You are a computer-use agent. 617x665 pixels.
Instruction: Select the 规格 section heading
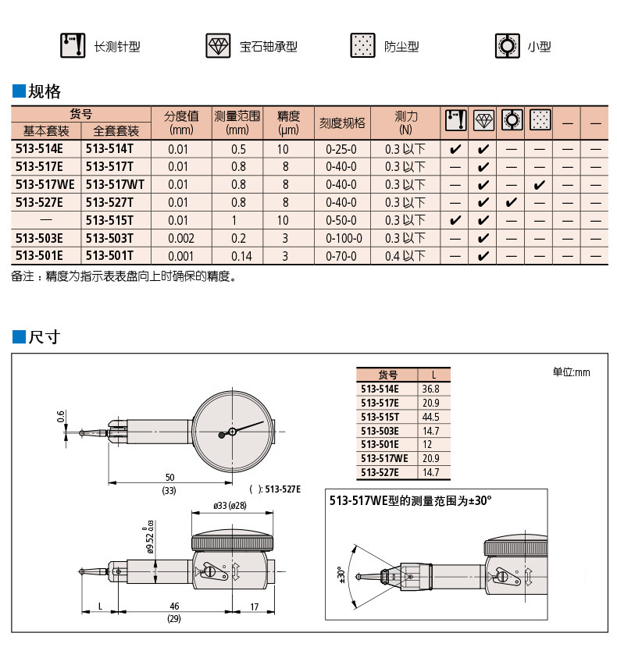[44, 91]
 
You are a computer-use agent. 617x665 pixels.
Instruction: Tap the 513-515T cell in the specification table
[109, 220]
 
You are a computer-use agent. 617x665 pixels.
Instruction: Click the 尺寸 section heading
[44, 337]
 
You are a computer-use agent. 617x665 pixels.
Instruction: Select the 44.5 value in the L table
[431, 417]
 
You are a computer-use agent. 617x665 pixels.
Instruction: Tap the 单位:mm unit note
[572, 372]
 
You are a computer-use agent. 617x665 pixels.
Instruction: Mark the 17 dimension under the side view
[254, 606]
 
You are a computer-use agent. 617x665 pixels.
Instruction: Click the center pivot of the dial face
[232, 432]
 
